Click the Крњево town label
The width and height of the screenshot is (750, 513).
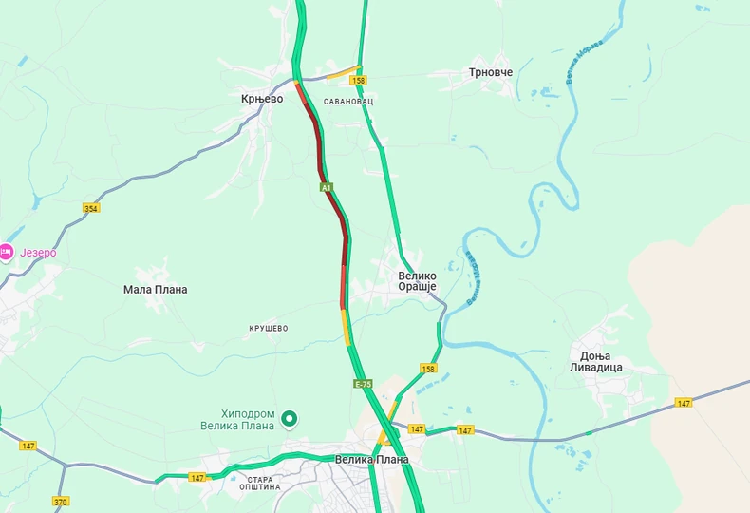(x=262, y=98)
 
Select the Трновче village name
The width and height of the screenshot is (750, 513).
(x=491, y=72)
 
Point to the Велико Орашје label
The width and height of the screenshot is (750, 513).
(x=416, y=281)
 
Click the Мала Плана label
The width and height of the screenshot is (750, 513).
(x=156, y=289)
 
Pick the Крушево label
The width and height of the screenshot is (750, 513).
(x=268, y=328)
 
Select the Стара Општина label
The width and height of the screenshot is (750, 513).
(x=260, y=484)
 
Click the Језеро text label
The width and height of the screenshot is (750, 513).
(x=40, y=252)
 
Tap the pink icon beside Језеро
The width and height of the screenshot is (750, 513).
(x=7, y=252)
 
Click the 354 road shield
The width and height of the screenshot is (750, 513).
(x=91, y=208)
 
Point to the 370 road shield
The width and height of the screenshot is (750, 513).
(x=61, y=502)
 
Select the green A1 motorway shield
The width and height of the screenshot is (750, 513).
(x=326, y=188)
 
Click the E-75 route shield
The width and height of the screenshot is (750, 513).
(x=363, y=384)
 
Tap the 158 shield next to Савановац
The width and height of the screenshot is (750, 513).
(x=359, y=81)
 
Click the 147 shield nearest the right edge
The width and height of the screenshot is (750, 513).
(x=684, y=403)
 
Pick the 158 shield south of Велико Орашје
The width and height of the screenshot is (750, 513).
(x=429, y=368)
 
